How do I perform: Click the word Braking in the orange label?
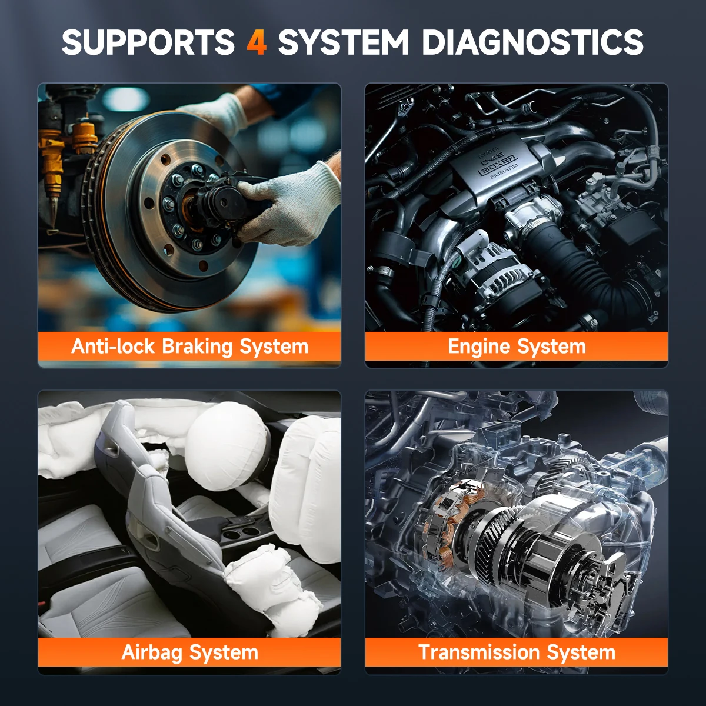coord(197,347)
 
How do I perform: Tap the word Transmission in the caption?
coord(479,652)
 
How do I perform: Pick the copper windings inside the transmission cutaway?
coord(447,520)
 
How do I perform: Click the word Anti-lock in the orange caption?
coord(112,346)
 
